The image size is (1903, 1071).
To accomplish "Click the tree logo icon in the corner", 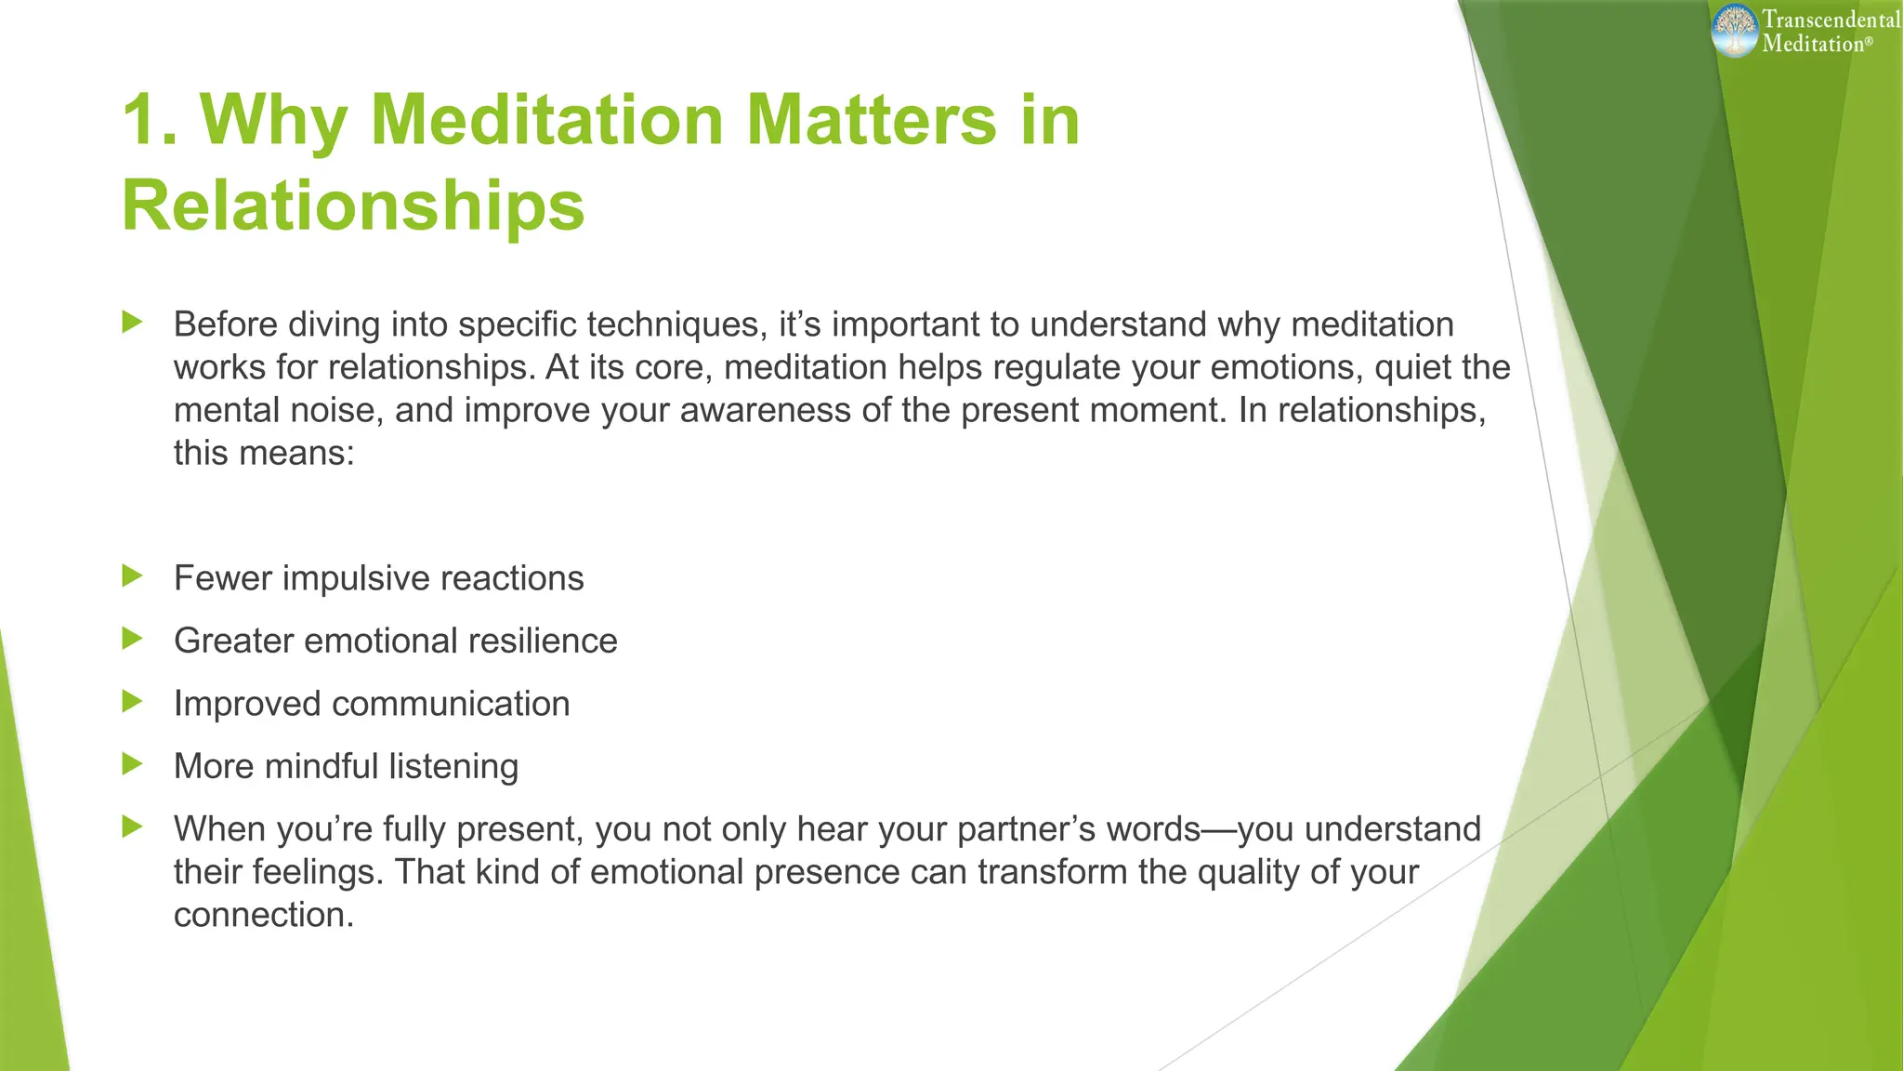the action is pyautogui.click(x=1735, y=30).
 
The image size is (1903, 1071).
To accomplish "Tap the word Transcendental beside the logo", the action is pyautogui.click(x=1831, y=19).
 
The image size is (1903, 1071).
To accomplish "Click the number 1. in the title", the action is pyautogui.click(x=151, y=120).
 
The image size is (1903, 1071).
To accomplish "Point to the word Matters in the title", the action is pyautogui.click(x=872, y=120).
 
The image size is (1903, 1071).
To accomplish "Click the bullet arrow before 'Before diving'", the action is pyautogui.click(x=133, y=323).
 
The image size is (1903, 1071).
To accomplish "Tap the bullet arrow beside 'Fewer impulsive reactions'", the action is pyautogui.click(x=133, y=576).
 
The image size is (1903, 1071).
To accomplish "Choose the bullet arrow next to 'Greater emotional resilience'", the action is pyautogui.click(x=133, y=639).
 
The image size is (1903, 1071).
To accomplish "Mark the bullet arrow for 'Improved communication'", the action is pyautogui.click(x=133, y=701).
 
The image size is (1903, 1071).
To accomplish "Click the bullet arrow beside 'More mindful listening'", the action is pyautogui.click(x=133, y=764).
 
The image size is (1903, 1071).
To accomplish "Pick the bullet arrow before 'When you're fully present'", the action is pyautogui.click(x=133, y=826).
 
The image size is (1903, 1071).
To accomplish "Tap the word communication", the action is pyautogui.click(x=451, y=704).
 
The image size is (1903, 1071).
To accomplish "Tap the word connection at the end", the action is pyautogui.click(x=264, y=915).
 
